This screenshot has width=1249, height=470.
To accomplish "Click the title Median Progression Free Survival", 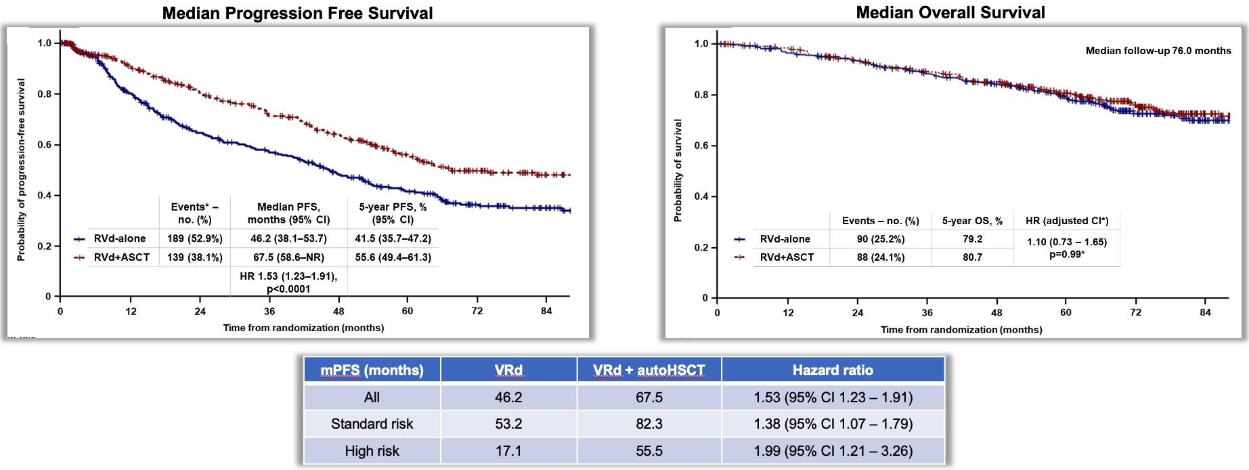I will click(297, 13).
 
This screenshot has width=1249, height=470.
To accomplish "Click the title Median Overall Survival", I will click(950, 12).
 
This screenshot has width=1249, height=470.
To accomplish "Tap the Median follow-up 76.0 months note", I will click(1158, 51).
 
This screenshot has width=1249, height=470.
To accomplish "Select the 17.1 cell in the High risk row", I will click(508, 451).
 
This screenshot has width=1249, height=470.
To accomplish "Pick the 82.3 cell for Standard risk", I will click(649, 424).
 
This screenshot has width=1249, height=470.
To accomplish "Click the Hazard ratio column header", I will click(833, 370).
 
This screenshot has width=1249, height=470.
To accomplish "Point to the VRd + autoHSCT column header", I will click(649, 370).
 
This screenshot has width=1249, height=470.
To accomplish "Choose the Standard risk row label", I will click(372, 424).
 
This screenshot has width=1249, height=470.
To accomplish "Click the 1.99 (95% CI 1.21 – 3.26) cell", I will click(833, 451).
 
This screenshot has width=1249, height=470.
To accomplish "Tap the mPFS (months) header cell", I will click(372, 370).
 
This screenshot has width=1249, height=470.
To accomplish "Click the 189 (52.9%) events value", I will click(194, 238).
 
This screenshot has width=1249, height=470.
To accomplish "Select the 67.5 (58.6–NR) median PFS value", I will click(288, 257).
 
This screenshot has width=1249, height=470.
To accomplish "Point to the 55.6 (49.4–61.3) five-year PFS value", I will click(393, 257).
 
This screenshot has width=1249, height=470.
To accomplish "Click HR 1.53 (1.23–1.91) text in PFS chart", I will click(288, 276).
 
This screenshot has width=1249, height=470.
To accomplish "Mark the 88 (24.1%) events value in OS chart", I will click(880, 257).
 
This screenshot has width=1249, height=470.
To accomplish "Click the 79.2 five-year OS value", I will click(972, 239).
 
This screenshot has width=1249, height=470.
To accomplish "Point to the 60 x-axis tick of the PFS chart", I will click(407, 311).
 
